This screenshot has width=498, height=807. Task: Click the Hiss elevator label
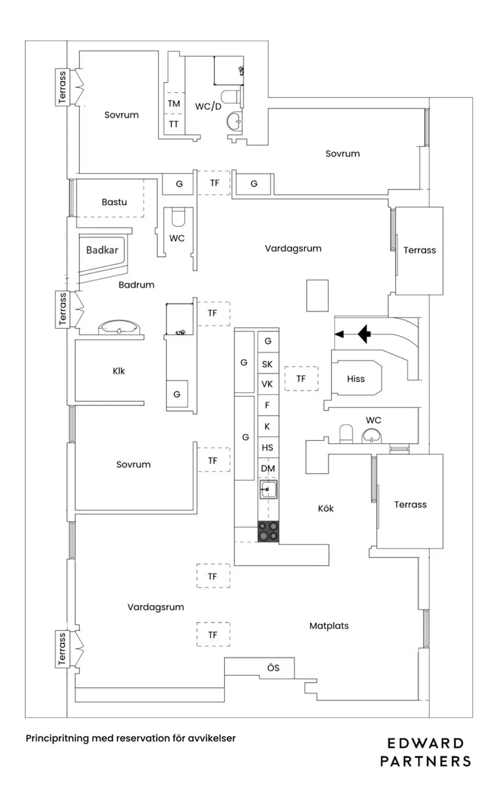click(x=356, y=379)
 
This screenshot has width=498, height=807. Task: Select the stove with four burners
click(x=268, y=532)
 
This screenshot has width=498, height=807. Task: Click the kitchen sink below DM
click(x=268, y=490)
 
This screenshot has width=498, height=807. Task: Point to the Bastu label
click(x=114, y=202)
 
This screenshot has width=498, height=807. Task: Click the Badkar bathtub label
click(x=102, y=250)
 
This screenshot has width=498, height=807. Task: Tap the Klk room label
click(x=119, y=371)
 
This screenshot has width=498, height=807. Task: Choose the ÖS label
click(x=273, y=668)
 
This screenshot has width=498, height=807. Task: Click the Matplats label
click(x=329, y=626)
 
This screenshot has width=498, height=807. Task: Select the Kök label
click(x=326, y=509)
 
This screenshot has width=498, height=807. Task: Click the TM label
click(x=174, y=104)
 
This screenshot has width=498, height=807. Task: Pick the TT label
click(x=174, y=124)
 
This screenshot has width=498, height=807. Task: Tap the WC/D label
click(x=208, y=106)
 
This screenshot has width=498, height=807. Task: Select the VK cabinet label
click(x=267, y=385)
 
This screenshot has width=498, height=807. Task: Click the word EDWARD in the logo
click(x=425, y=744)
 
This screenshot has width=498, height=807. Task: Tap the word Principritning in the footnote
click(x=57, y=738)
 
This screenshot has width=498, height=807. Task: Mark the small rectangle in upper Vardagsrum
click(x=317, y=295)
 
